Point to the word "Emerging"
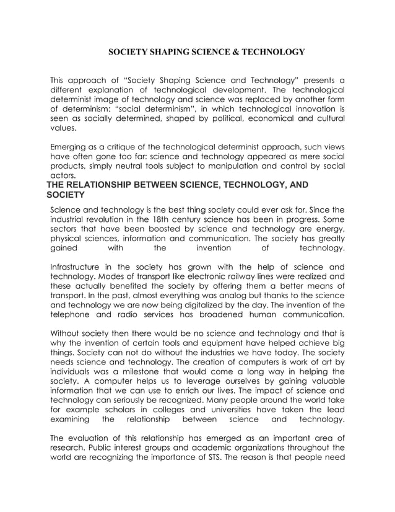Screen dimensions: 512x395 point(70,147)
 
